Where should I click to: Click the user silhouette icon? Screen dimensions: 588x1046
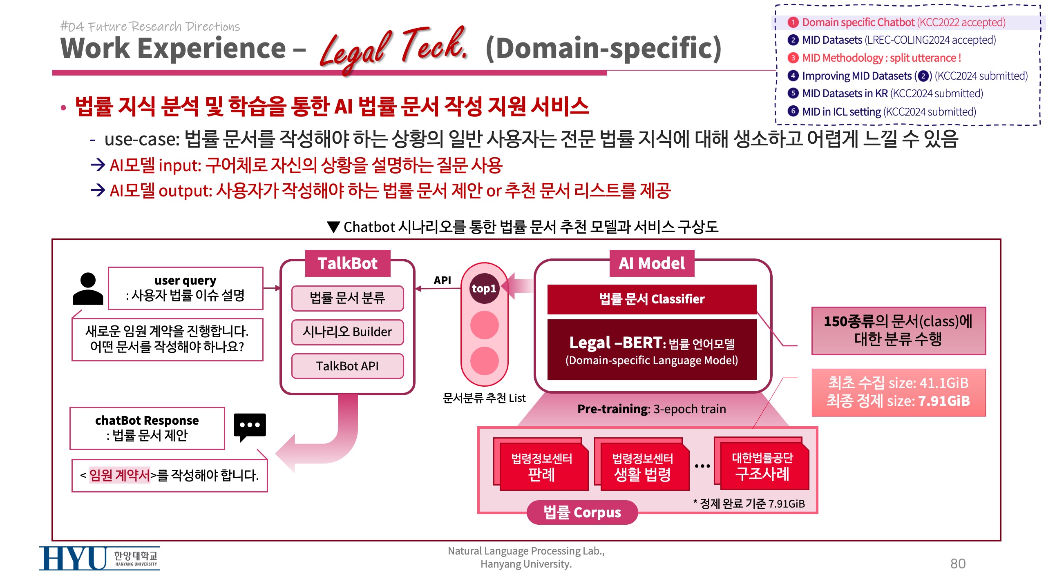click(88, 289)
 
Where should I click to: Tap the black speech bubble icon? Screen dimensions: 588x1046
click(250, 426)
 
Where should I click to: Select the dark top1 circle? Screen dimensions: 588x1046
click(484, 289)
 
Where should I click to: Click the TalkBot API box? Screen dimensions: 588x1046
click(347, 366)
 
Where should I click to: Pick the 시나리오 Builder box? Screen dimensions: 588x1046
click(347, 332)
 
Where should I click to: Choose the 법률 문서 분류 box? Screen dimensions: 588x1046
click(347, 298)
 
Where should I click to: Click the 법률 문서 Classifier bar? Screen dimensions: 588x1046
click(652, 299)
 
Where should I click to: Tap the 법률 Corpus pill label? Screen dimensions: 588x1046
click(582, 512)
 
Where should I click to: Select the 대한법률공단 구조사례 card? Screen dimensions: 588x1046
click(762, 465)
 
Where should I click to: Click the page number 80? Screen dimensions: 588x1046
click(958, 563)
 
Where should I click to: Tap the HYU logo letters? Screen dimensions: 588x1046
click(74, 558)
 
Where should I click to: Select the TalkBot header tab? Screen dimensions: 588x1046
click(348, 263)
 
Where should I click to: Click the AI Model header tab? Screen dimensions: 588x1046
click(652, 263)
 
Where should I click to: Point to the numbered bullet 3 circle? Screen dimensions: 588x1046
click(793, 58)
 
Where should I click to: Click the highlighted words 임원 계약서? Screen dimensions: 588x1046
click(120, 475)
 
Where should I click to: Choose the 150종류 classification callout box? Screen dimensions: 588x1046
click(898, 331)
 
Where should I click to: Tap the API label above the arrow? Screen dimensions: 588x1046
click(442, 280)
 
